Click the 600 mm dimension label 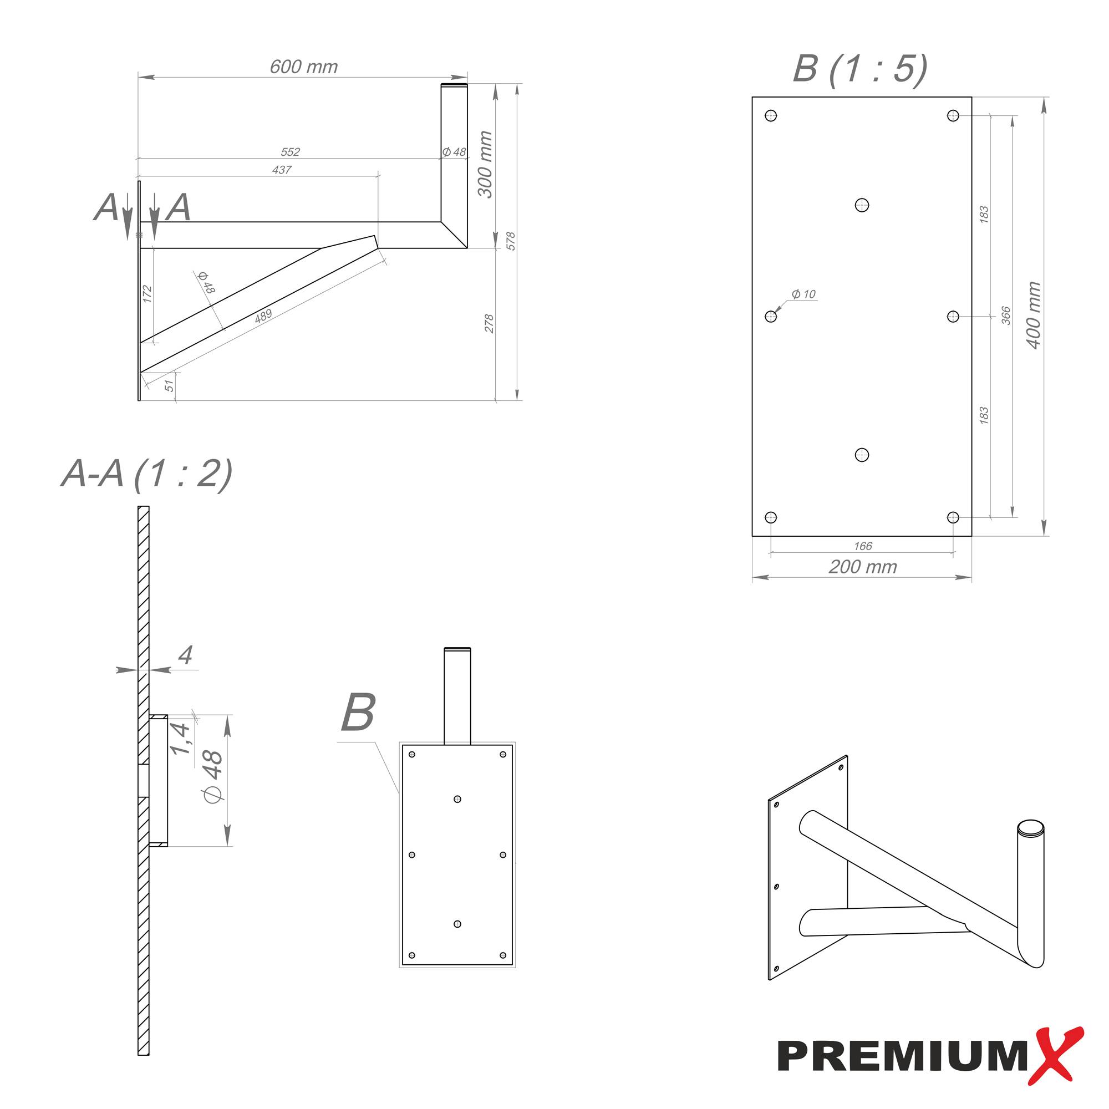[304, 67]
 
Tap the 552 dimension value [290, 152]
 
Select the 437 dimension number [281, 170]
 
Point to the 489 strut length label [263, 316]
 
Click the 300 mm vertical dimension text [486, 164]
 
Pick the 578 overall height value [511, 241]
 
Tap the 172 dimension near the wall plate [147, 293]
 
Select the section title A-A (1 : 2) [147, 474]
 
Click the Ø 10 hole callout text [803, 294]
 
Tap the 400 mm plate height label [1033, 315]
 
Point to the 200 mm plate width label [862, 567]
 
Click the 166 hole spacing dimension [862, 546]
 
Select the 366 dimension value [1006, 315]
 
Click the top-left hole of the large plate [771, 116]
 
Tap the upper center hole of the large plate [862, 205]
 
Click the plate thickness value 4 [185, 655]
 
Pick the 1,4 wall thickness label [180, 739]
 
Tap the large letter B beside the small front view [358, 713]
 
